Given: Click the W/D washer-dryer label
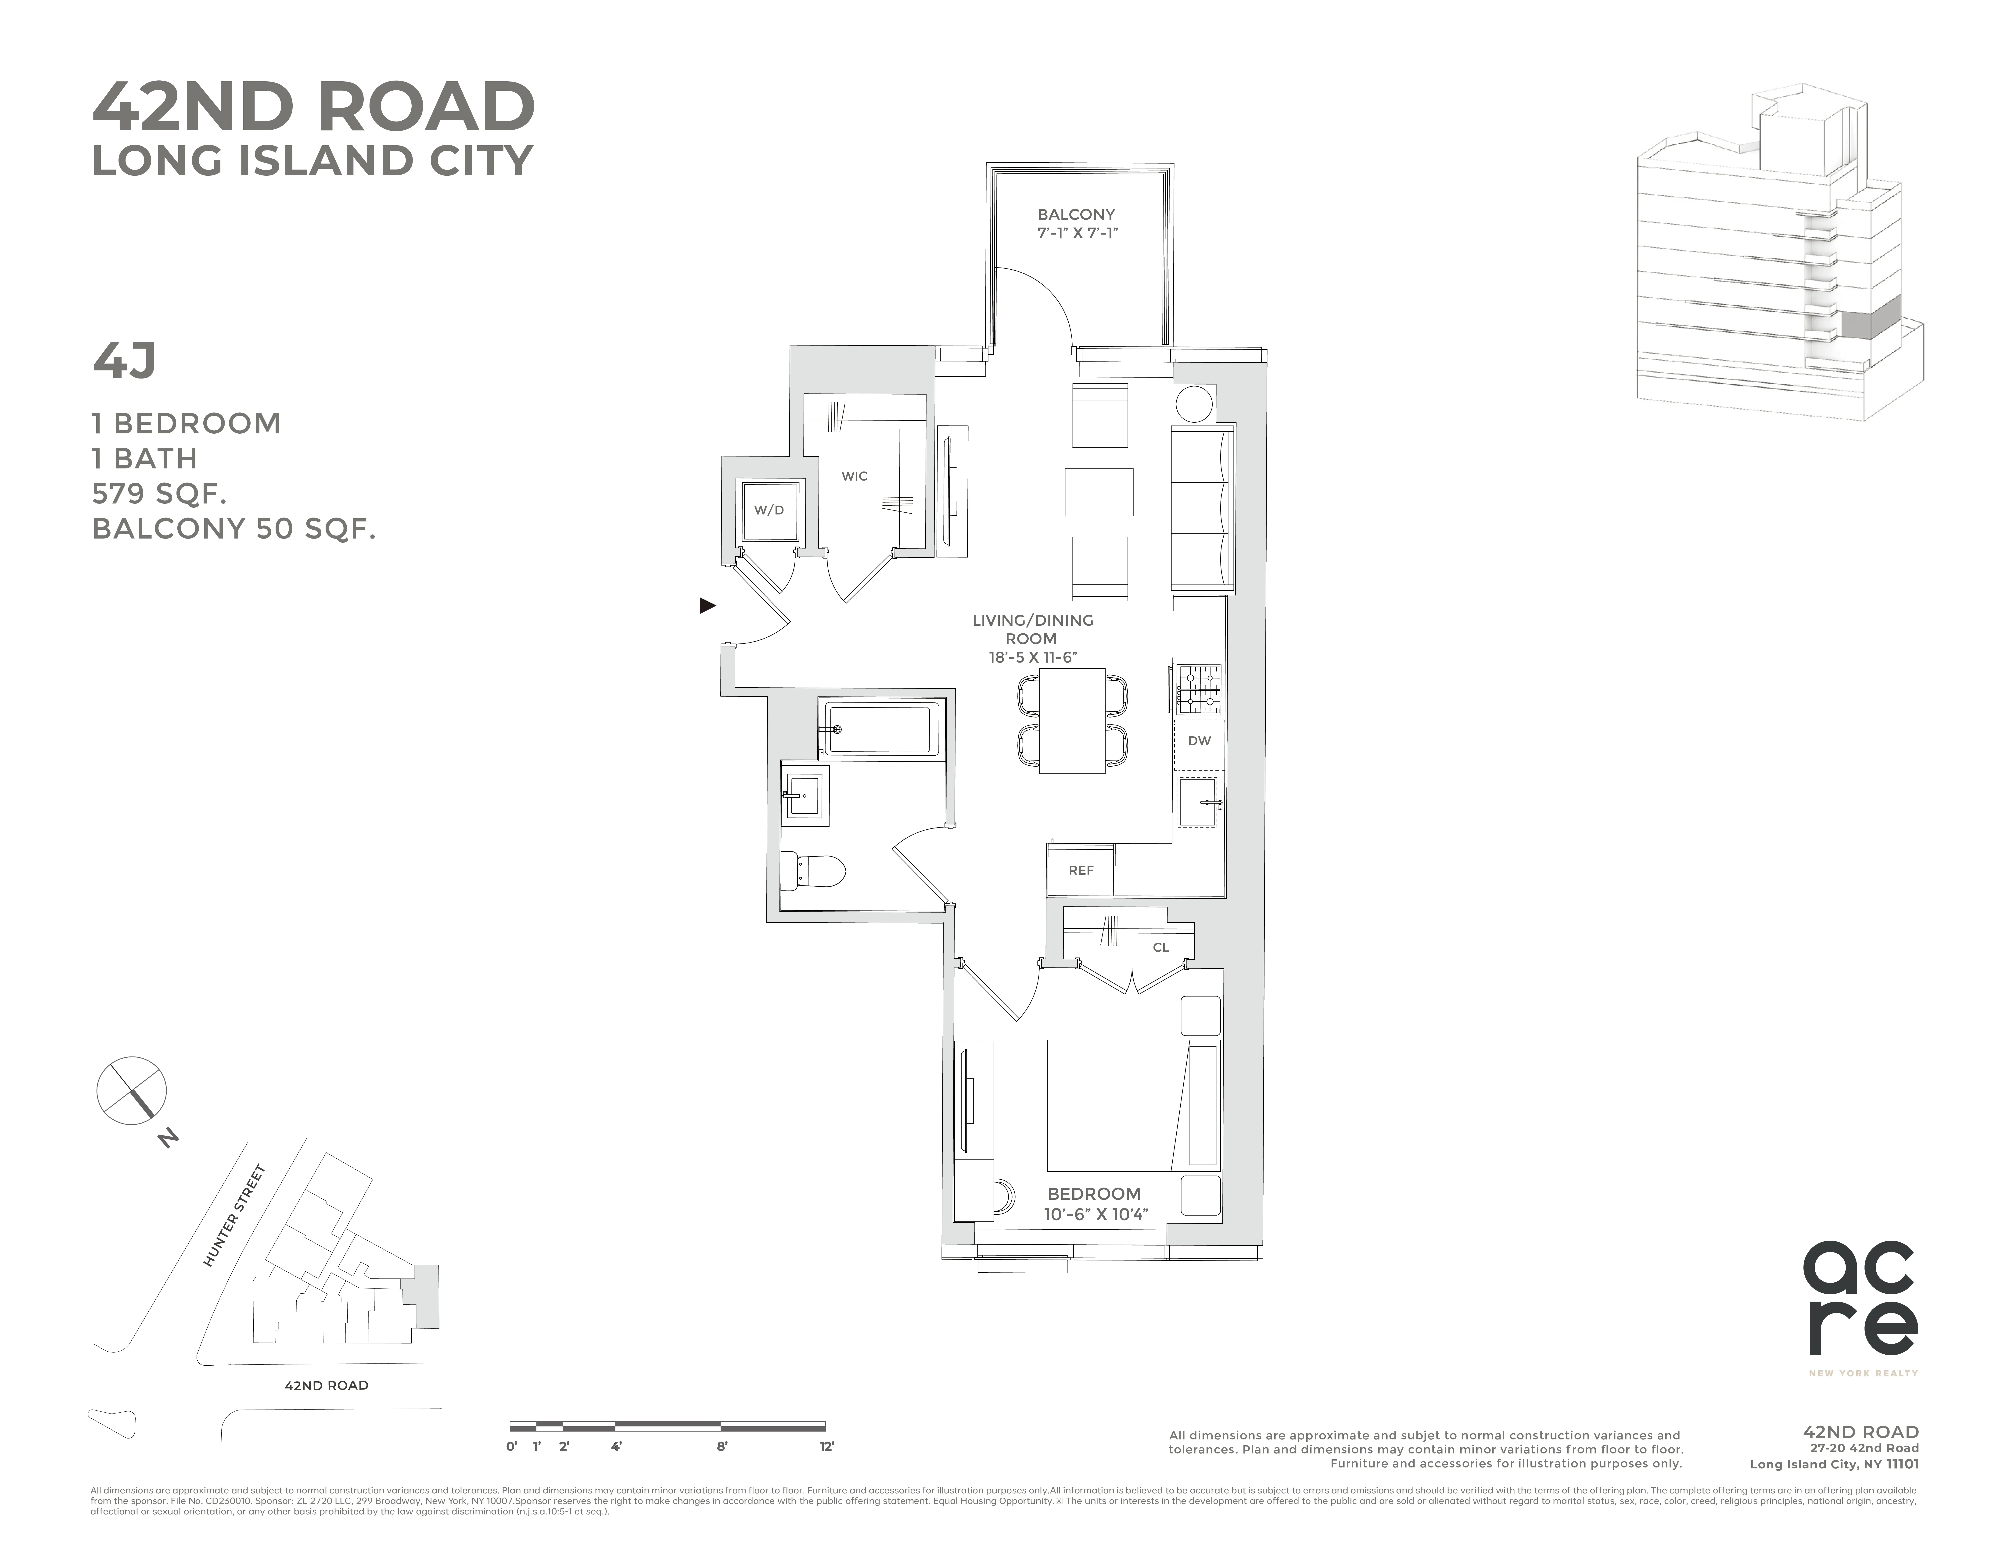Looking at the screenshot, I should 768,510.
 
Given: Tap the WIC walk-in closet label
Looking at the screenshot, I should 854,476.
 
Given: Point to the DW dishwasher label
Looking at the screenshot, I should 1199,740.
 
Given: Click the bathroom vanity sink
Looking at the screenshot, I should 805,795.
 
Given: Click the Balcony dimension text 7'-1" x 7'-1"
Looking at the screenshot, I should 1077,233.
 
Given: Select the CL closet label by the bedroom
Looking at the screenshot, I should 1160,947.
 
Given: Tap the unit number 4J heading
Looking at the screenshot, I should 124,360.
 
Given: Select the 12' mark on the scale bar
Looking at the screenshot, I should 827,1446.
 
